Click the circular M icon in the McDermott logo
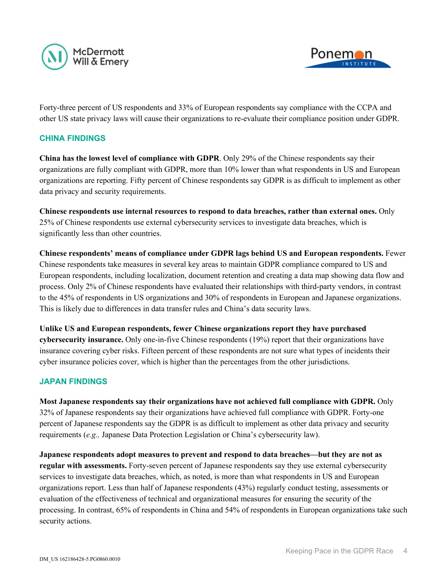[x=55, y=57]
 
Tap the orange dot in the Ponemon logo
[x=359, y=55]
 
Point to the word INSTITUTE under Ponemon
[x=359, y=64]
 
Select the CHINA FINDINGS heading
[x=72, y=138]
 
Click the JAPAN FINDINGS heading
[x=73, y=381]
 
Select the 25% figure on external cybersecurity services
[x=47, y=223]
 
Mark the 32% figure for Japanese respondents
[x=47, y=413]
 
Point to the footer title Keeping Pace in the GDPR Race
[x=339, y=551]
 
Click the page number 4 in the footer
[x=405, y=551]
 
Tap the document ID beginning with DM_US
[x=80, y=559]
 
